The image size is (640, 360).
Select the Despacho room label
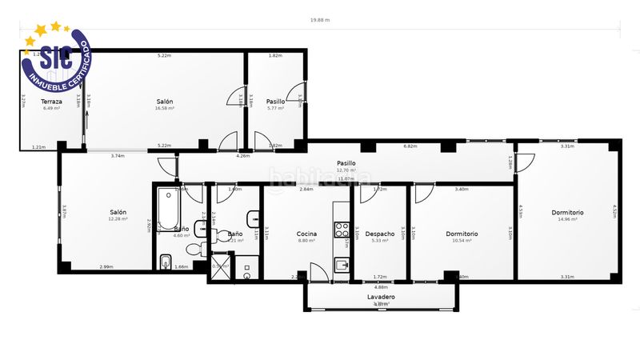pyautogui.click(x=380, y=234)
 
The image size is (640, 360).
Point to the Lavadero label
pyautogui.click(x=381, y=297)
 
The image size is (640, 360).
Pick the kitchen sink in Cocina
pyautogui.click(x=342, y=266)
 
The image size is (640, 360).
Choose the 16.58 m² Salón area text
pyautogui.click(x=165, y=108)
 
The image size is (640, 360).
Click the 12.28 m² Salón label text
pyautogui.click(x=118, y=219)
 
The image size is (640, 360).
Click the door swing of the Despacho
pyautogui.click(x=370, y=193)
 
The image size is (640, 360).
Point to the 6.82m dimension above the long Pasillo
pyautogui.click(x=410, y=146)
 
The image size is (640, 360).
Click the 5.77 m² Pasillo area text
pyautogui.click(x=276, y=108)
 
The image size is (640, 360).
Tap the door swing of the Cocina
pyautogui.click(x=318, y=270)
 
